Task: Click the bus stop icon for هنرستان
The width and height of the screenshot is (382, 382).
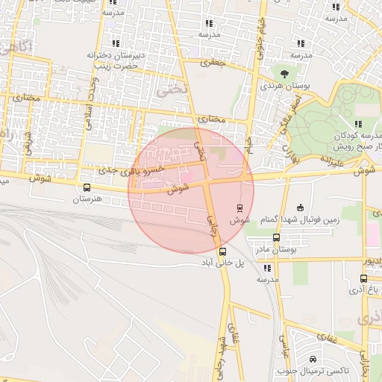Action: click(87, 188)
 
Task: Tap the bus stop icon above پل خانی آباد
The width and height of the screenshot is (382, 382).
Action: click(223, 251)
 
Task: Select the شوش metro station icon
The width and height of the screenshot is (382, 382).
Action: click(239, 208)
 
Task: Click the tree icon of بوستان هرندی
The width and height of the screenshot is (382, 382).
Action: click(284, 73)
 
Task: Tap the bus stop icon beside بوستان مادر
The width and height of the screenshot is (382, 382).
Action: click(277, 238)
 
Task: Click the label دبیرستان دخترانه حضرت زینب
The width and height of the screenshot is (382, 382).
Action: click(114, 60)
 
